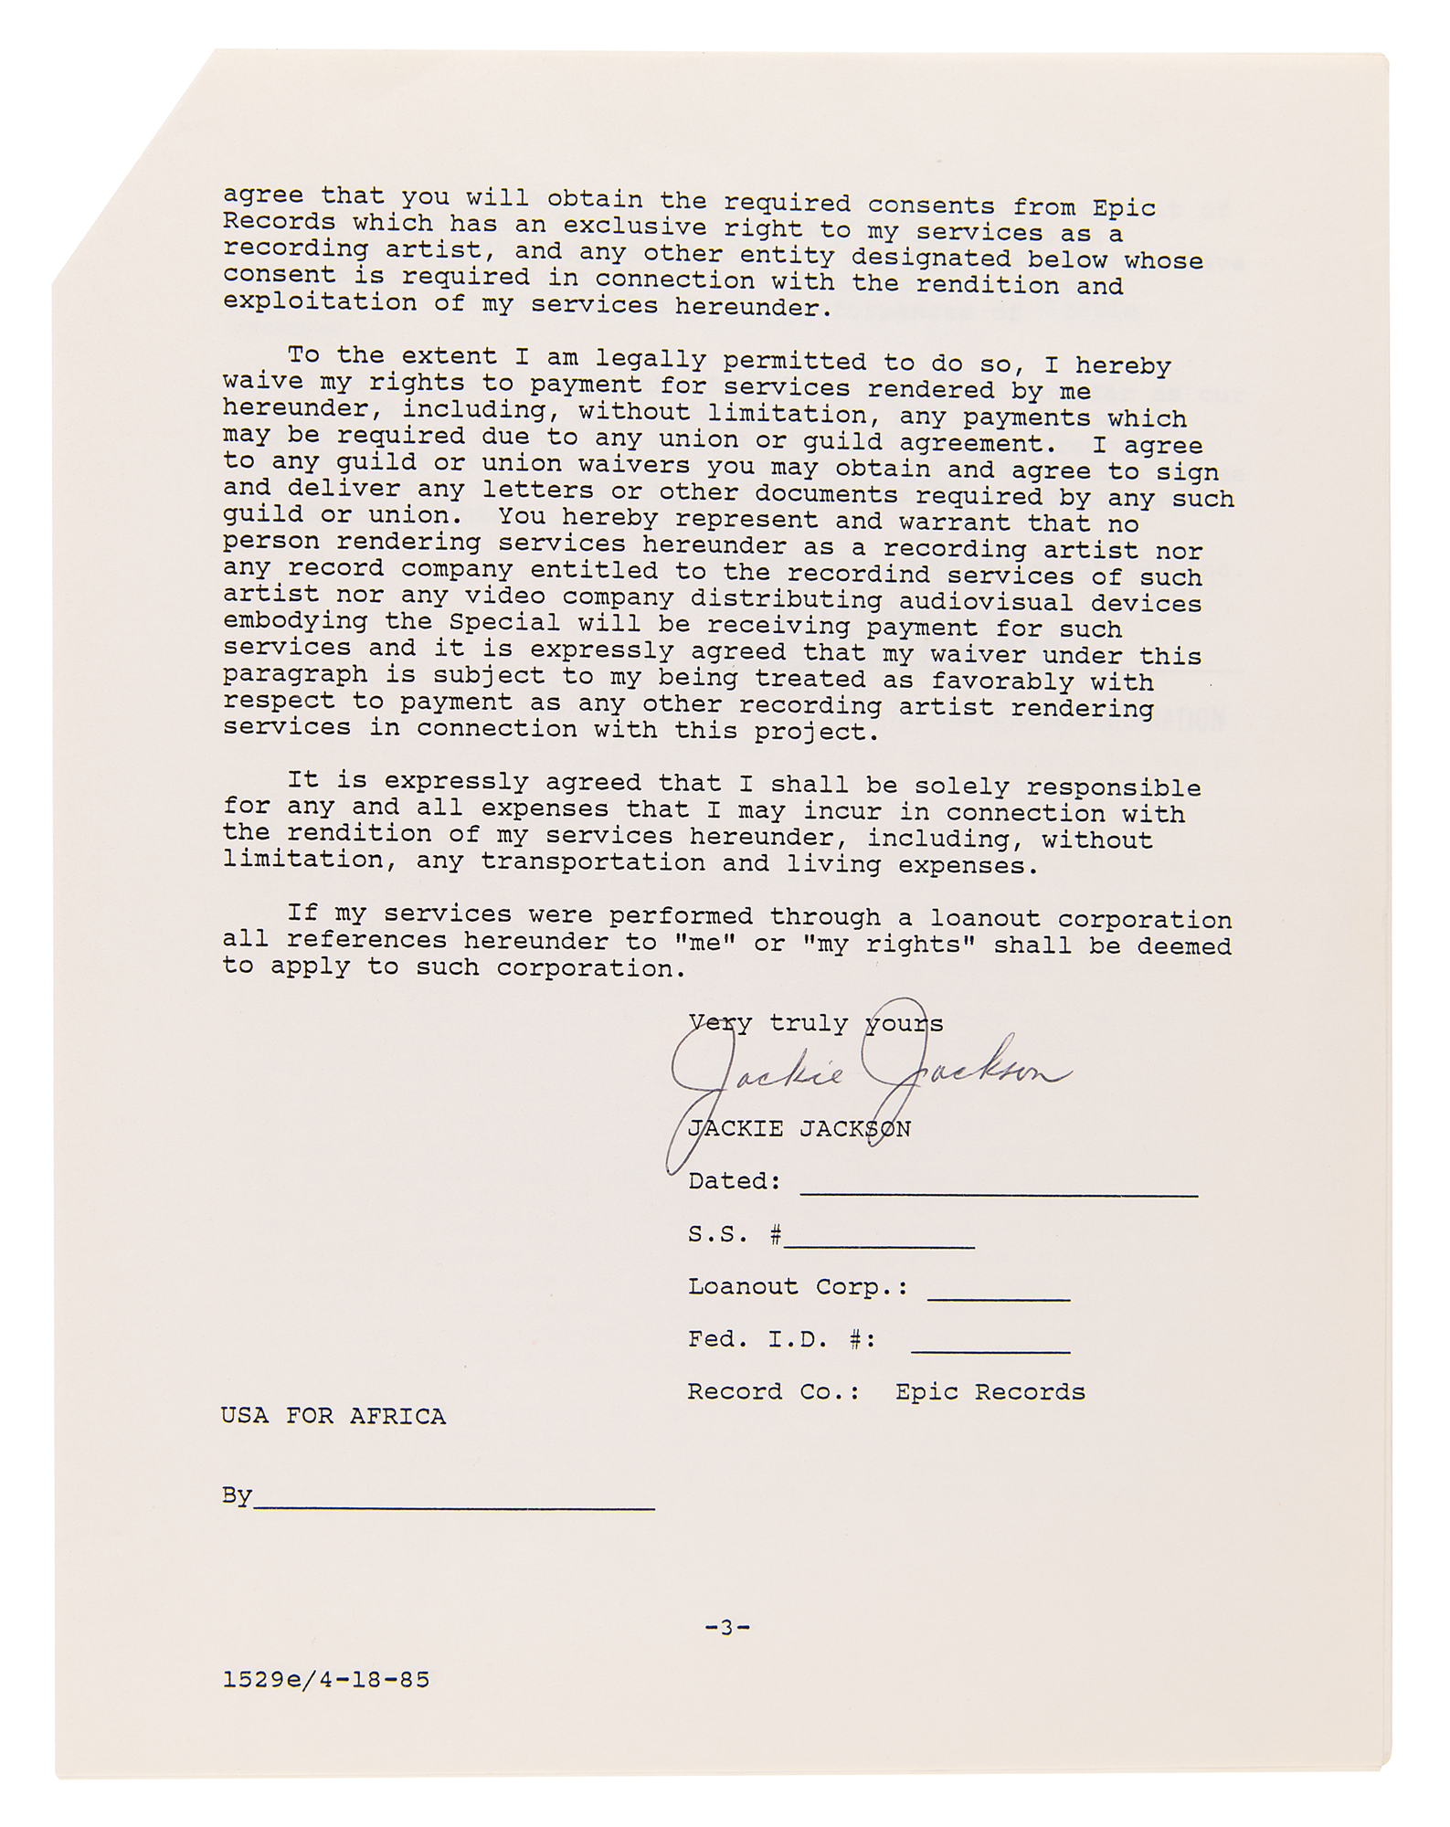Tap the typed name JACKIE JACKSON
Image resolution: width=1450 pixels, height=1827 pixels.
tap(799, 1129)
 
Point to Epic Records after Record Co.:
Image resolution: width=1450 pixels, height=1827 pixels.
tap(990, 1392)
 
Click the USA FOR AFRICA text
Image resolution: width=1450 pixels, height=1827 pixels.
tap(333, 1417)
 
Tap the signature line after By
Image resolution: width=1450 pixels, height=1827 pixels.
tap(454, 1502)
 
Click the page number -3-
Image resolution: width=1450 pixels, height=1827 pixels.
tap(727, 1627)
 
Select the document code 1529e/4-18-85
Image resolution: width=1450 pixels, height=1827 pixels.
tap(326, 1680)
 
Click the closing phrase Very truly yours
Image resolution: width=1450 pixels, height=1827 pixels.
tap(815, 1024)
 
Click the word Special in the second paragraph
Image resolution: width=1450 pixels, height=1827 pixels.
tap(504, 623)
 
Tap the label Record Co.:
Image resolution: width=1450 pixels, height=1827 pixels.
tap(774, 1392)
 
